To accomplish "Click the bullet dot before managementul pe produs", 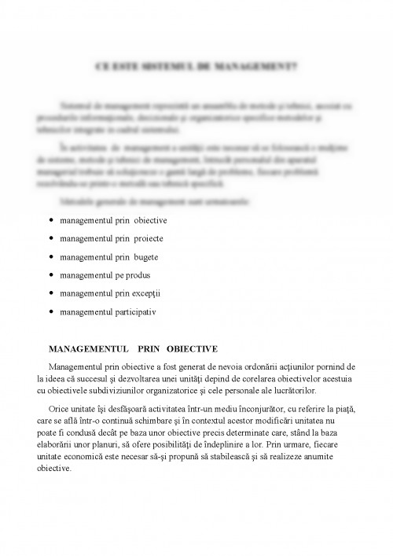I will point(51,275).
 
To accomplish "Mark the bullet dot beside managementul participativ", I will point(51,311).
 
